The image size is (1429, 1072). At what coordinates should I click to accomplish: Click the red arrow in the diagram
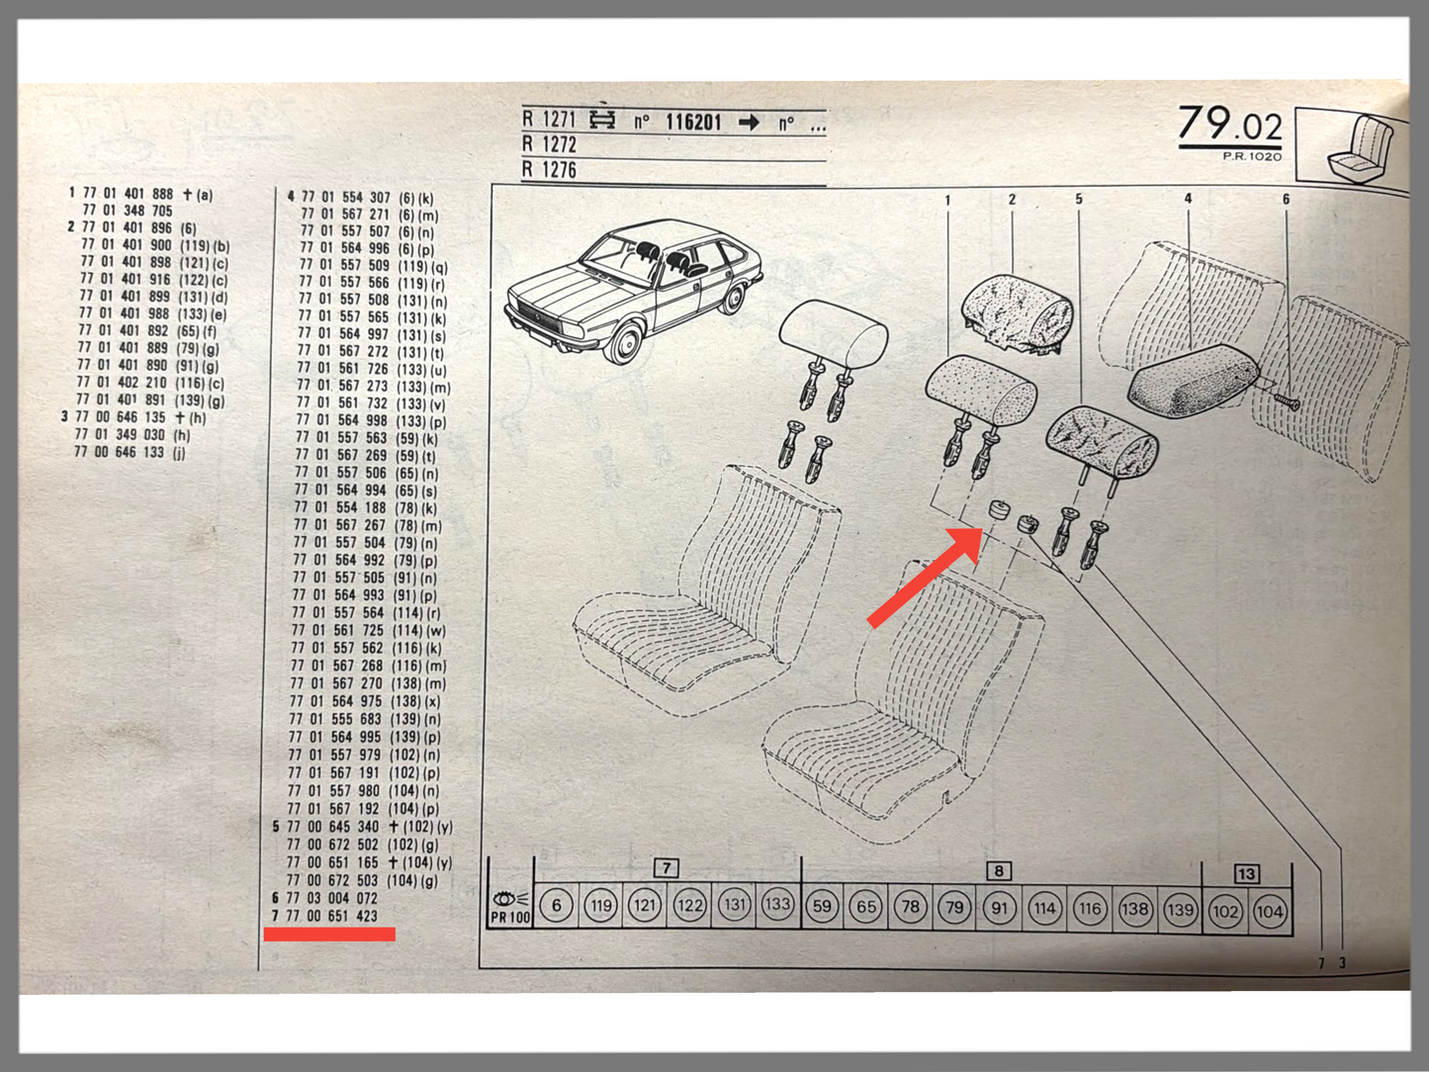(925, 578)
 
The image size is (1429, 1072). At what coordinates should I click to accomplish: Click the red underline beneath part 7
(329, 934)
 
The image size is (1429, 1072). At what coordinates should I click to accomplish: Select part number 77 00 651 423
(332, 916)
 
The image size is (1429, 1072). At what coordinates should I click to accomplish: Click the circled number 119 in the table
(600, 906)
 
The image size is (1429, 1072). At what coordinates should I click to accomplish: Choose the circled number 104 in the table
(1270, 911)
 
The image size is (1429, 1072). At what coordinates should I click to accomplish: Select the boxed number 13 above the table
(1246, 873)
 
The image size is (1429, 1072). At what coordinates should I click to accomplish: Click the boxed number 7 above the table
(666, 867)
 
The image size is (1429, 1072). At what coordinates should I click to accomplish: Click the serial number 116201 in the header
(693, 122)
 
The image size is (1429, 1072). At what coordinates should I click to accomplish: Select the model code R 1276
(549, 170)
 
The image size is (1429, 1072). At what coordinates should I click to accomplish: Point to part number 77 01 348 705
(128, 211)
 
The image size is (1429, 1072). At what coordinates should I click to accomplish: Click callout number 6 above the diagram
(1286, 199)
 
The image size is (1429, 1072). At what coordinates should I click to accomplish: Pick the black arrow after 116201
(750, 123)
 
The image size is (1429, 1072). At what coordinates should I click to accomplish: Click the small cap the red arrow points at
(997, 508)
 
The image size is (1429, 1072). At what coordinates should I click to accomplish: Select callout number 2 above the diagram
(1012, 199)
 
